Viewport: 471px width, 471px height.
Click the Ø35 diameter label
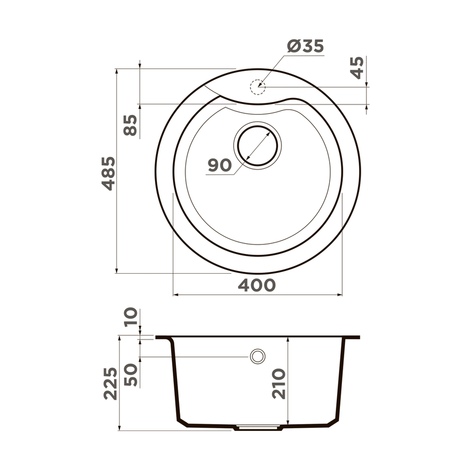point(305,46)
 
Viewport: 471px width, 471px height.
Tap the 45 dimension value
point(357,67)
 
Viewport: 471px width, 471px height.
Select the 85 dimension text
point(130,125)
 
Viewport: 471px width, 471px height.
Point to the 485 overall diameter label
point(109,173)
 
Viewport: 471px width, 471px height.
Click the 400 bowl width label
point(256,285)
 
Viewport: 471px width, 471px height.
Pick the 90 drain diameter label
point(219,165)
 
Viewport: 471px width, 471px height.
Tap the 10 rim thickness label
point(131,317)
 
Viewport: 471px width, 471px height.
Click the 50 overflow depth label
point(131,374)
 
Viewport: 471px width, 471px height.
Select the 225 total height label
point(111,383)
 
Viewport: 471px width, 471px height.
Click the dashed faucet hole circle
point(258,87)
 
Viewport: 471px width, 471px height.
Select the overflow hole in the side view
point(258,357)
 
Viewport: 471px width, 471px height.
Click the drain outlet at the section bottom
point(257,428)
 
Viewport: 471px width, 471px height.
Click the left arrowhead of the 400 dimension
point(176,295)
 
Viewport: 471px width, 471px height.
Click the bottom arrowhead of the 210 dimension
point(287,423)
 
